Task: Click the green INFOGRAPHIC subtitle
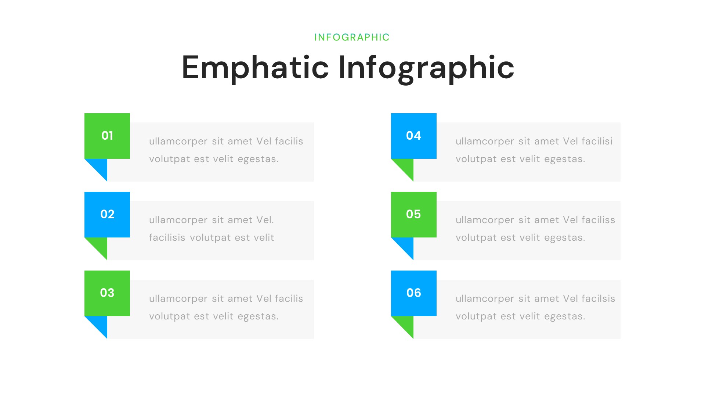tap(352, 37)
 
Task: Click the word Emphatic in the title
tap(255, 68)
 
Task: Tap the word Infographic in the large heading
tap(426, 68)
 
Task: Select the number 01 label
tap(107, 136)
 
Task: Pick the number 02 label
tap(107, 214)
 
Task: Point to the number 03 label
tap(107, 293)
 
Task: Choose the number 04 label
tap(413, 136)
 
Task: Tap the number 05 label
tap(413, 214)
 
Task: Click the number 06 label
tap(413, 293)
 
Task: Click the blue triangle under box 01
tap(100, 167)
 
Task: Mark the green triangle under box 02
tap(100, 246)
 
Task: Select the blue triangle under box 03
tap(100, 324)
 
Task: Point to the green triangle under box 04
tap(406, 167)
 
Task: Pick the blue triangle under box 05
tap(406, 246)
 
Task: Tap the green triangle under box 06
tap(406, 324)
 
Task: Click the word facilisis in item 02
tap(167, 238)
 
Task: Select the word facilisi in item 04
tap(597, 142)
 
